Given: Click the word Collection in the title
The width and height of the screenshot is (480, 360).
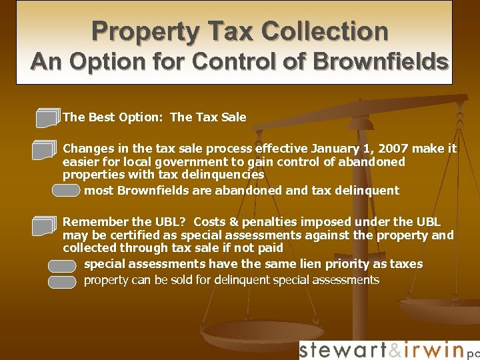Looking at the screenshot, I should tap(325, 31).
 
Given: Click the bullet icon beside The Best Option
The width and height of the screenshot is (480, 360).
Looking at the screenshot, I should tap(48, 118).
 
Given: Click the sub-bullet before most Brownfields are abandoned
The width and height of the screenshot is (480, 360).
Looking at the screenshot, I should tap(66, 191).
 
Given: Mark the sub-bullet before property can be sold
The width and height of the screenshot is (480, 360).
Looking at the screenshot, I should tap(62, 281).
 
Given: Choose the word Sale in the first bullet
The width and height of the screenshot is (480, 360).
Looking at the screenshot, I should tap(232, 117).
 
